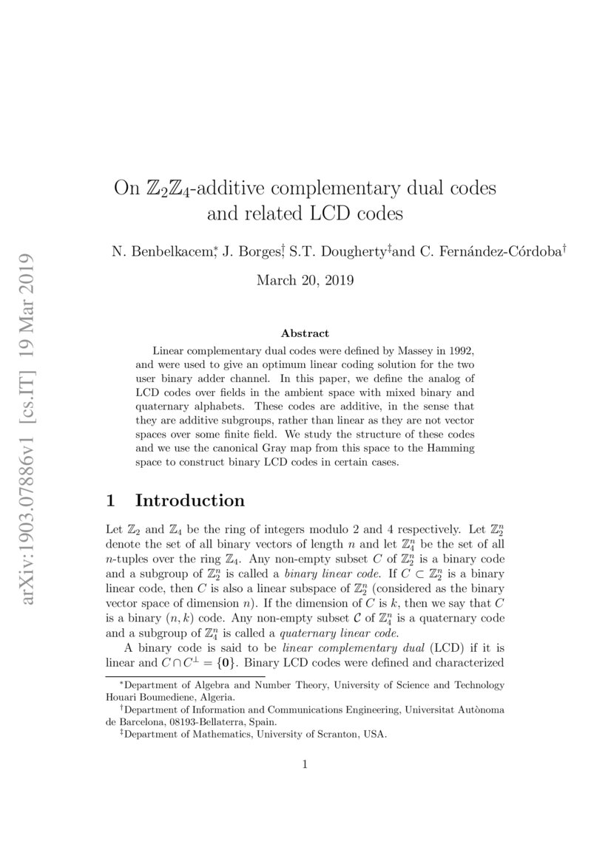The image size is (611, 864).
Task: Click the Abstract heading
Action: [x=305, y=333]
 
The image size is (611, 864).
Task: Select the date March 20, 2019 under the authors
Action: [x=305, y=280]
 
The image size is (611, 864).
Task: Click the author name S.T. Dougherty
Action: [x=334, y=252]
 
